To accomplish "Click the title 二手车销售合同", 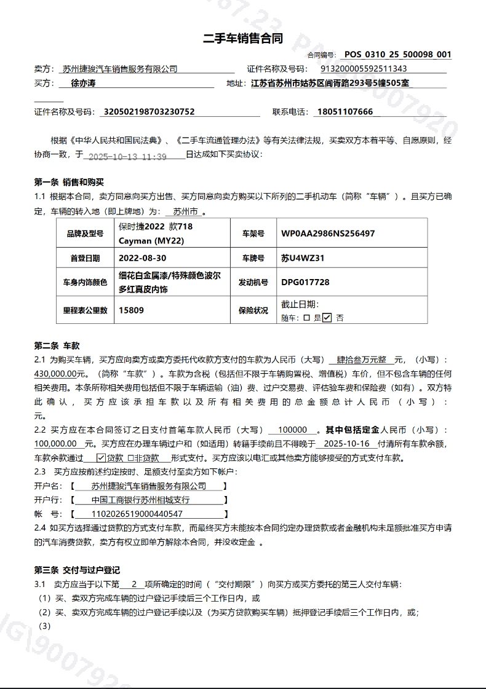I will [x=243, y=39].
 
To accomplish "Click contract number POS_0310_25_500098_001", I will [x=397, y=55].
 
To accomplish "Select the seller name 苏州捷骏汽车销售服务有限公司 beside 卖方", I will [x=119, y=69].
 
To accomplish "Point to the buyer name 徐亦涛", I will [x=84, y=82].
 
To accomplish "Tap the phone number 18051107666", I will [x=345, y=112].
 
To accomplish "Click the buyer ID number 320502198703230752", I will [x=149, y=112].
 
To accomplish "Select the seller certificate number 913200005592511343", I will [x=364, y=69].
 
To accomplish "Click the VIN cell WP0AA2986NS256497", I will [x=328, y=234].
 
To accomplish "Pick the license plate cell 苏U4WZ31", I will [x=303, y=258].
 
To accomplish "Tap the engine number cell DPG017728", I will [x=305, y=283].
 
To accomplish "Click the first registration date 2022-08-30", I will [x=142, y=258].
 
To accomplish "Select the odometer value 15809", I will [x=131, y=310].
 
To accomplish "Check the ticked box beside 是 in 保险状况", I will [x=327, y=318].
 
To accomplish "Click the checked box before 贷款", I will [x=102, y=458].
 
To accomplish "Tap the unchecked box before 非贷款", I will [x=130, y=458].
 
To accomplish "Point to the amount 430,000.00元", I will [x=59, y=373].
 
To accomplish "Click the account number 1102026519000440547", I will [x=137, y=514].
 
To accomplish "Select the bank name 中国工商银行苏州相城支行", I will [x=140, y=500].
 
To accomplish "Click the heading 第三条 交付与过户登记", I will [x=77, y=570].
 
